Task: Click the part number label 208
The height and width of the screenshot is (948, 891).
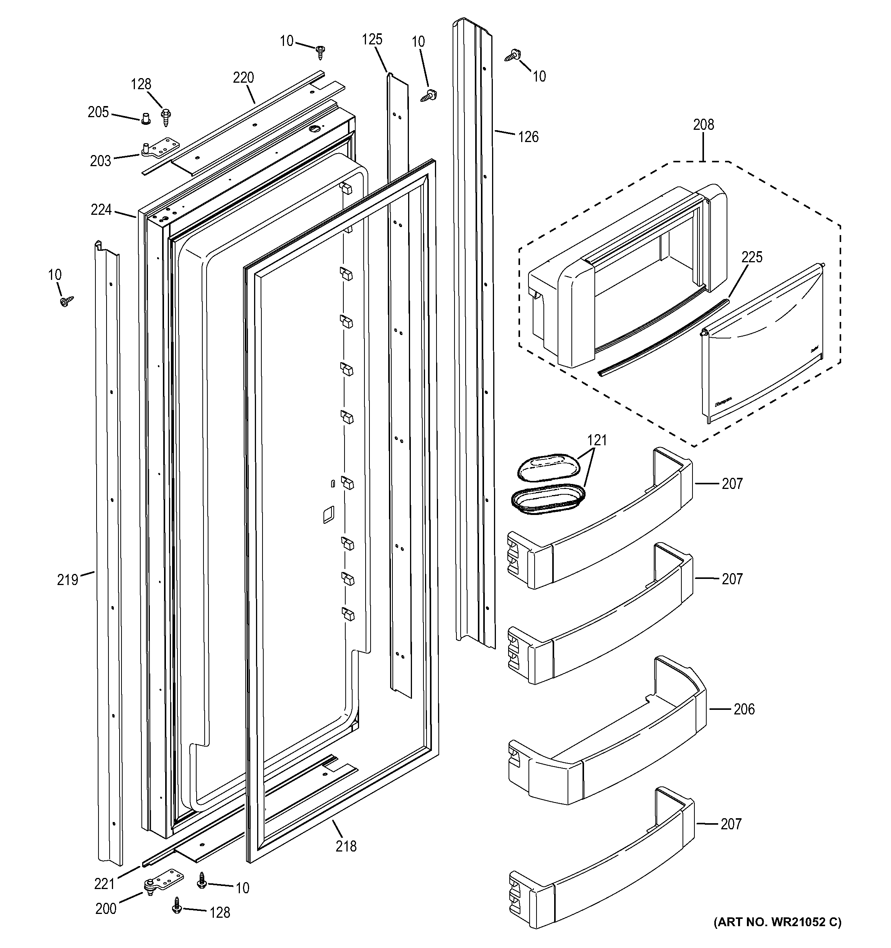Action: pos(704,125)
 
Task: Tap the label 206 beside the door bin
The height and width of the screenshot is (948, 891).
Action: pos(744,709)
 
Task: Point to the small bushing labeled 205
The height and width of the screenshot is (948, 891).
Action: pos(146,117)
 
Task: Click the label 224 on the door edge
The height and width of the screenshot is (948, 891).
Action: pos(101,209)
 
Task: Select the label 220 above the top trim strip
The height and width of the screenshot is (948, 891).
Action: pos(243,78)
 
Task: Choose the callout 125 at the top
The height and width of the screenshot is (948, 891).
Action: pos(372,39)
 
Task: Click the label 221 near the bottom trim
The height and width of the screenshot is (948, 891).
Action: pos(105,884)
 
